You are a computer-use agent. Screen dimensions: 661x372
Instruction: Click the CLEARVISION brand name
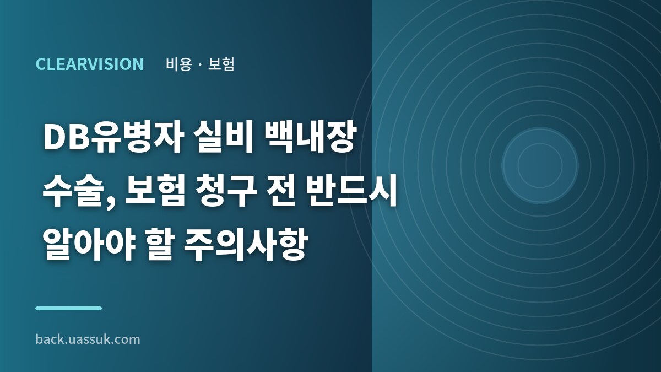pos(89,64)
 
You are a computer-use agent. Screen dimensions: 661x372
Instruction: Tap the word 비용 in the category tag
pos(179,64)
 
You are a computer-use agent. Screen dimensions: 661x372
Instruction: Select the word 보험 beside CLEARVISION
pos(221,64)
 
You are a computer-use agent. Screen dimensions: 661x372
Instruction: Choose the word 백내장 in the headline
pos(310,138)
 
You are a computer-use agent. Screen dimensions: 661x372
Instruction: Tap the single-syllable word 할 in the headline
pos(160,245)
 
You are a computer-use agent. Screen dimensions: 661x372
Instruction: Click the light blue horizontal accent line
pos(68,308)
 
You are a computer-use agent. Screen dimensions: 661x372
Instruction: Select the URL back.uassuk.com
pos(88,339)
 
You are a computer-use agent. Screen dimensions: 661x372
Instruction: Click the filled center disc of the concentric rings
pos(540,166)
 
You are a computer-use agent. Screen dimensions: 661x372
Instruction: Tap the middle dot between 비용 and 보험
pos(200,64)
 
